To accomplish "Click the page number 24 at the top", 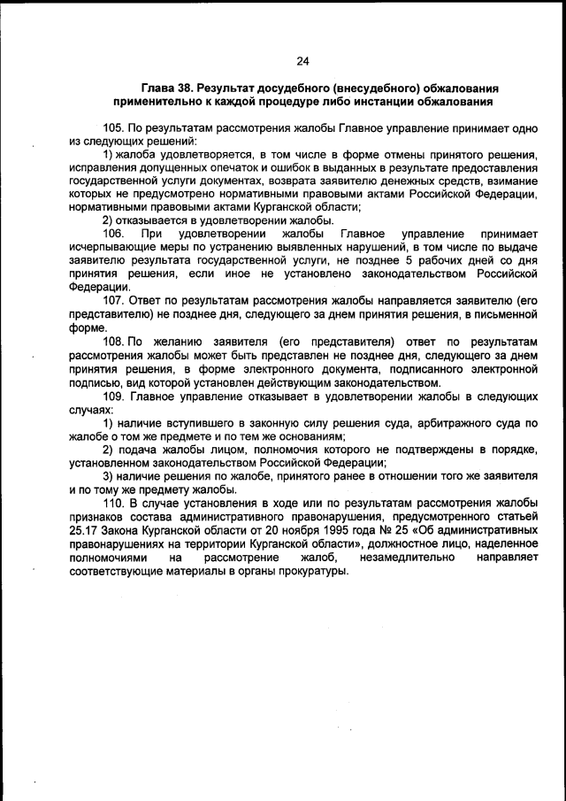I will tap(302, 61).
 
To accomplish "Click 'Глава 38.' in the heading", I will tap(168, 89).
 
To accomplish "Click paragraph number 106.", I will tap(114, 234).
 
